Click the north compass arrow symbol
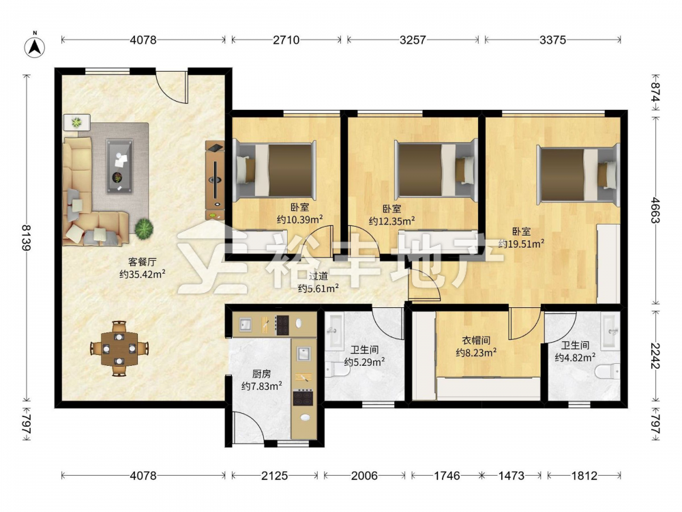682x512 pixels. click(x=35, y=46)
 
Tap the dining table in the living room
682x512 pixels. click(x=119, y=348)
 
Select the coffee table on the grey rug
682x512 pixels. click(x=120, y=166)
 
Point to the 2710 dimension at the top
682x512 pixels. click(x=286, y=40)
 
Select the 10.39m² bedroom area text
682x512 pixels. click(x=299, y=220)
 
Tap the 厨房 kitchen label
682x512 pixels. click(x=261, y=374)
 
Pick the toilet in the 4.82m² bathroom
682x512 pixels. click(x=607, y=371)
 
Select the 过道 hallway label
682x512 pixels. click(x=318, y=276)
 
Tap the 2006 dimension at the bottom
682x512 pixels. click(x=364, y=476)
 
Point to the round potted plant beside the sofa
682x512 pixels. click(x=144, y=228)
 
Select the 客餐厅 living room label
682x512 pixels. click(x=142, y=261)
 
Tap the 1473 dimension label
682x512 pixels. click(x=511, y=476)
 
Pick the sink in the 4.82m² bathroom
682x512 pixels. click(x=610, y=331)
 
